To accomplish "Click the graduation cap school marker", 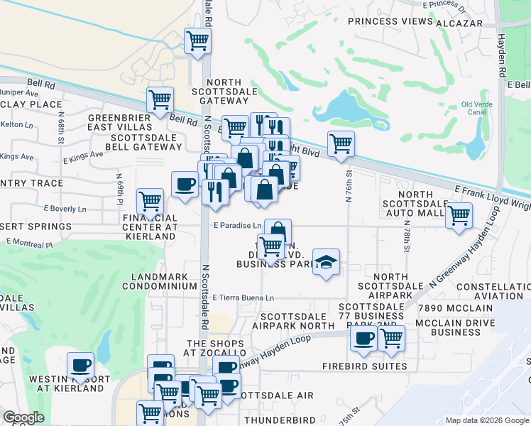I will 326,263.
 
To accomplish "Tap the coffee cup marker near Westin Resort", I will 80,366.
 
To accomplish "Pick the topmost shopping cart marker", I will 197,40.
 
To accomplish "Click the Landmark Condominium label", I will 159,280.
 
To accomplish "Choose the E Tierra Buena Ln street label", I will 243,298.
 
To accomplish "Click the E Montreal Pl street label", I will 30,242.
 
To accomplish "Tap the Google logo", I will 24,417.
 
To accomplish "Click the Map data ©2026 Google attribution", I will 486,420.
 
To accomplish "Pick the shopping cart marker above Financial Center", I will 150,202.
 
